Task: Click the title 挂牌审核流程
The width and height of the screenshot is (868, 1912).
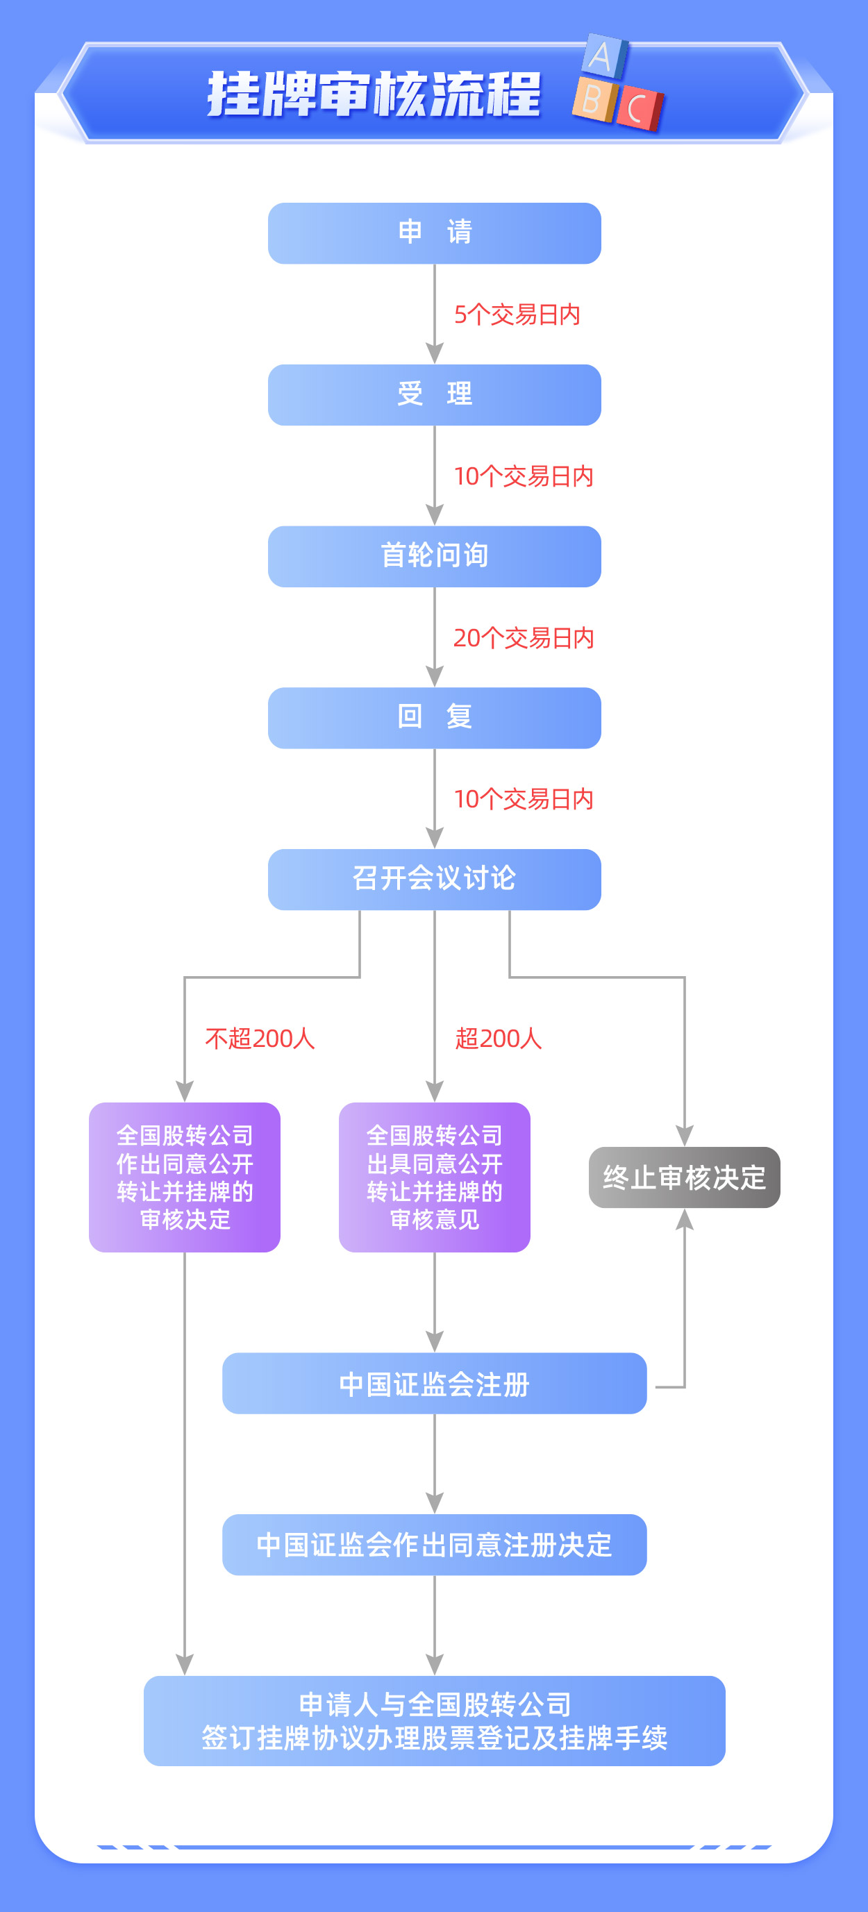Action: (x=374, y=94)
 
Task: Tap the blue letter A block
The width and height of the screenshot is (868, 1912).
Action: (x=604, y=56)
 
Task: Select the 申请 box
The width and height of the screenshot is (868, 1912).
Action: (x=435, y=233)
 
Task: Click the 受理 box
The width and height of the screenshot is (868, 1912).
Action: (x=435, y=395)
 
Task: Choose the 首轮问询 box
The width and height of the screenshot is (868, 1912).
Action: (x=435, y=557)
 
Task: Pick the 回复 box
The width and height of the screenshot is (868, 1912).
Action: (x=435, y=718)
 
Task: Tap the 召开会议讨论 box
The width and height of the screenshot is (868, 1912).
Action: (x=435, y=880)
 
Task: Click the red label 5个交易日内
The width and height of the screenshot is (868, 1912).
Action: (x=517, y=315)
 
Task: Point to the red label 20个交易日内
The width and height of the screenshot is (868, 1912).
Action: (x=524, y=637)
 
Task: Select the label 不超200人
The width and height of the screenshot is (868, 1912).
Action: (x=260, y=1039)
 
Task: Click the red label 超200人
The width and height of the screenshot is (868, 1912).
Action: (x=498, y=1039)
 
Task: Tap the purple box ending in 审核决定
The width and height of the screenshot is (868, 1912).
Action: (x=185, y=1177)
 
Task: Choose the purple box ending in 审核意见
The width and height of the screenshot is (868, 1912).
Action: (x=435, y=1177)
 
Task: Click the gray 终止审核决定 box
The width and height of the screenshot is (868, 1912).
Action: (x=684, y=1177)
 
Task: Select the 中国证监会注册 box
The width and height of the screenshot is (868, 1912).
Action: (x=435, y=1384)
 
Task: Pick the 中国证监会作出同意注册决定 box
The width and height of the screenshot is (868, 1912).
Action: (x=435, y=1545)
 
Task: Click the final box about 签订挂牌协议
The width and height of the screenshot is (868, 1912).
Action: (x=435, y=1720)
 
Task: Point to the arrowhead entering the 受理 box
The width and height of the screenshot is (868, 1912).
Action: (x=435, y=353)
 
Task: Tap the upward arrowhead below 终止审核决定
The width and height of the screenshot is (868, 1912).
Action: (x=685, y=1220)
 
